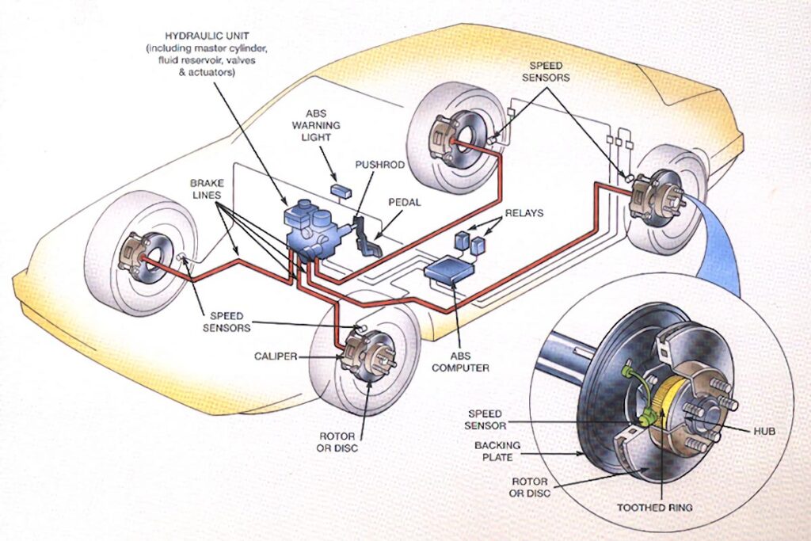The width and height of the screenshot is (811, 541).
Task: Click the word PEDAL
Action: click(405, 202)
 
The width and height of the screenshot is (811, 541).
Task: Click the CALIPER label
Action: click(276, 356)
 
